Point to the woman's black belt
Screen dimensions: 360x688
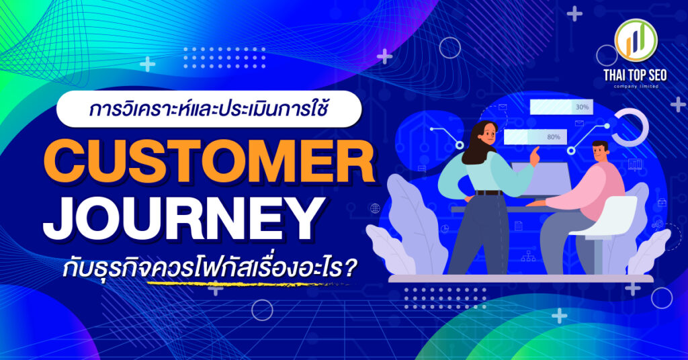tap(489, 193)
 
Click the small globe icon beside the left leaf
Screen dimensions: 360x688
tap(374, 209)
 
